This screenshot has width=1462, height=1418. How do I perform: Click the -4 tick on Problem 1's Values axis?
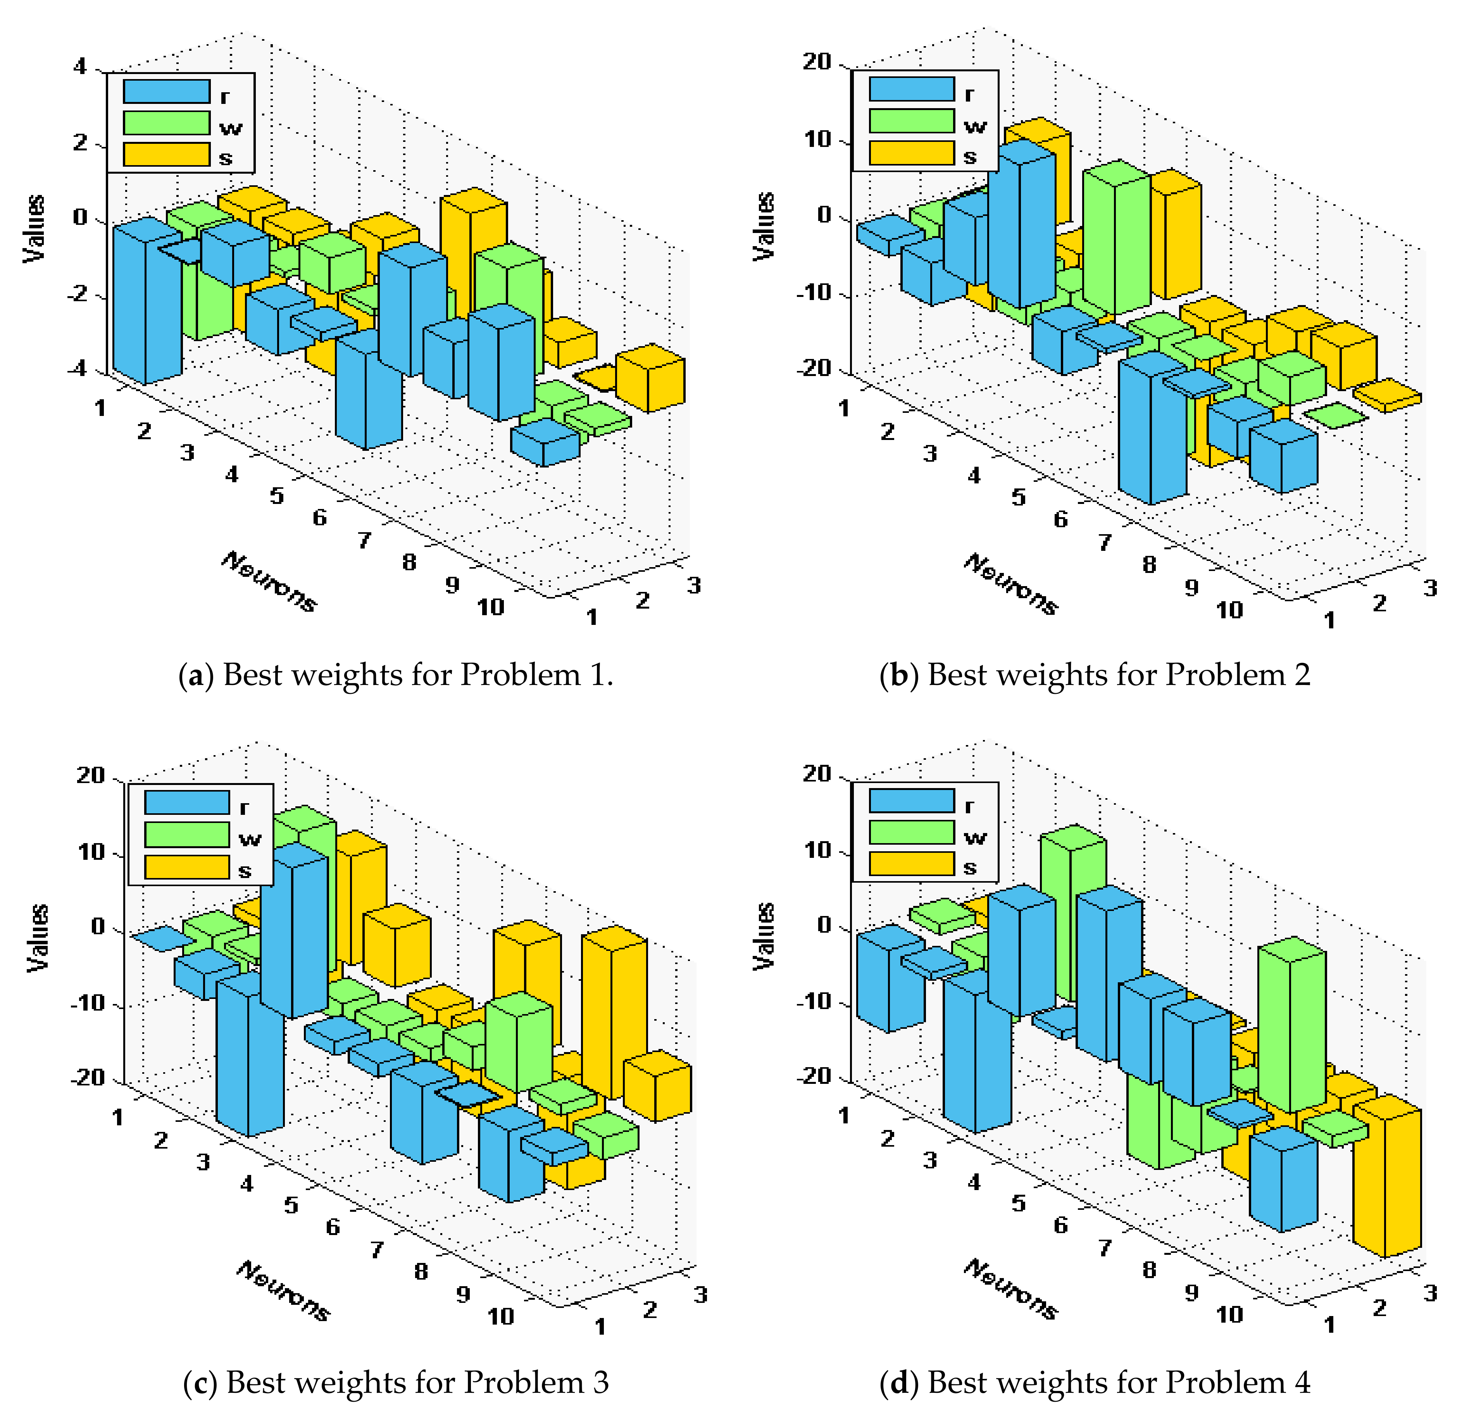76,369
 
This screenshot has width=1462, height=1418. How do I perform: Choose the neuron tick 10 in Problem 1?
491,608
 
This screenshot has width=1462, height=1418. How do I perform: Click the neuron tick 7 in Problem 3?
378,1249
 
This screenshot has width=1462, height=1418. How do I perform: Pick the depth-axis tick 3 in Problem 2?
1429,588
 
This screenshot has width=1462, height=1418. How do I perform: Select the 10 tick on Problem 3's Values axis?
91,852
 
